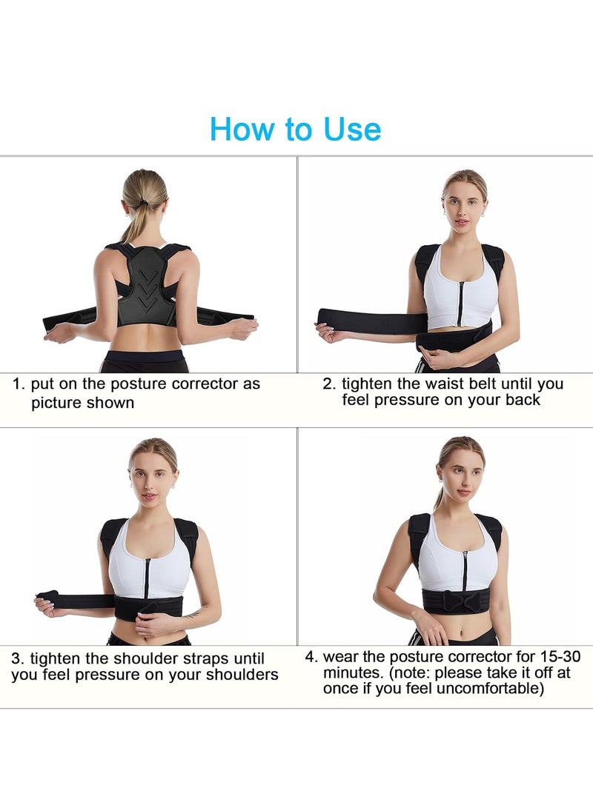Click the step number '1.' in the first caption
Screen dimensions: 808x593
coord(19,384)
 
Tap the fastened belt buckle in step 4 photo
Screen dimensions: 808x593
coord(457,601)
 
